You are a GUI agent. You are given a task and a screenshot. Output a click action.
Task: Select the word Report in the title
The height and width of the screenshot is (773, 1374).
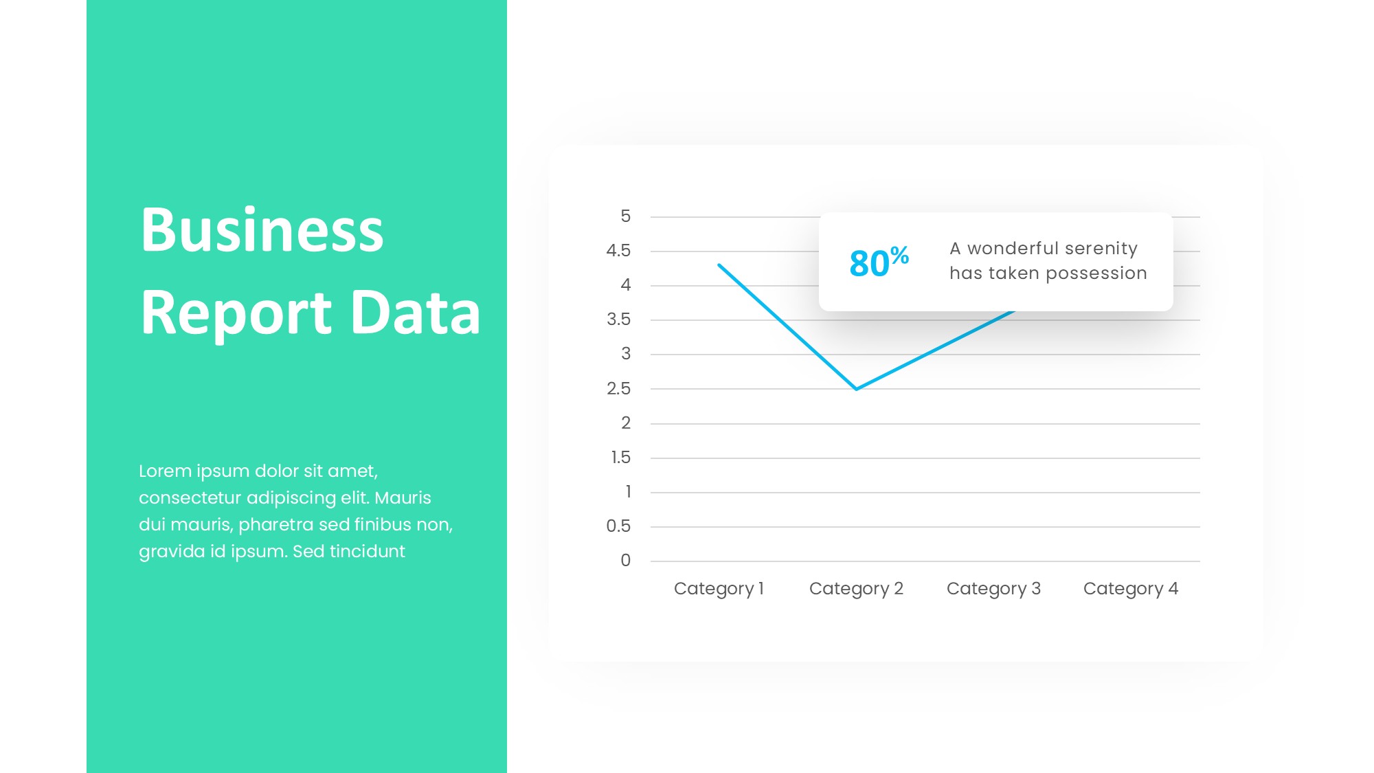coord(236,313)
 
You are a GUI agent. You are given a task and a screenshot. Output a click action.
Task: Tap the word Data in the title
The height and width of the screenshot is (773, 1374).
coord(416,312)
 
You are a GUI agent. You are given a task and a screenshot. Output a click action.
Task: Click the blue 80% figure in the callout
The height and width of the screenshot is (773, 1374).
coord(879,262)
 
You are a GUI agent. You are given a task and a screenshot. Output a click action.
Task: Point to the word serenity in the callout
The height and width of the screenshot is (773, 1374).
coord(1101,248)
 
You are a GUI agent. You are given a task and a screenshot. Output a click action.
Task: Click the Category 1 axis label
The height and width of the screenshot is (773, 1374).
coord(719,589)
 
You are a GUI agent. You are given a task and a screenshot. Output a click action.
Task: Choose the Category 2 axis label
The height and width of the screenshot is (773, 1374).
coord(856,589)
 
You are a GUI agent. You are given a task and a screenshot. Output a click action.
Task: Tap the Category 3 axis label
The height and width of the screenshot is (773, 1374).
coord(993,589)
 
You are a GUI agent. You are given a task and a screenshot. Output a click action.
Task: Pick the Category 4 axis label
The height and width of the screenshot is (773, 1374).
coord(1131,589)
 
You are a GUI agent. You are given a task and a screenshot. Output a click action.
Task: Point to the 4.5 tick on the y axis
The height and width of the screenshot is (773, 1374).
coord(618,251)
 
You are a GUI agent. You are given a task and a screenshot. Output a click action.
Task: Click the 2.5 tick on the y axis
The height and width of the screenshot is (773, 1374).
coord(618,389)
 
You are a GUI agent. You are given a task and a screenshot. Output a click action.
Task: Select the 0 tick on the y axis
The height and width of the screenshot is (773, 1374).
coord(625,561)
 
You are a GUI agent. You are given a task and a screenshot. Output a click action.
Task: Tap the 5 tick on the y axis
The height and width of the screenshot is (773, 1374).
coord(625,216)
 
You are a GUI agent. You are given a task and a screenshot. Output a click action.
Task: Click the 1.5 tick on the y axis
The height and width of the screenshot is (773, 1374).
coord(620,458)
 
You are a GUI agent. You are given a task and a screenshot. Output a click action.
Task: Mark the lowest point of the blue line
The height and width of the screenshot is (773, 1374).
coord(856,389)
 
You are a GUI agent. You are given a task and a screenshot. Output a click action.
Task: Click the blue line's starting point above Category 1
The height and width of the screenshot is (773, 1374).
coord(719,265)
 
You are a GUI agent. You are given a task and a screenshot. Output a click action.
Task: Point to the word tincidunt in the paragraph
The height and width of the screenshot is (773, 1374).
coord(367,552)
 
